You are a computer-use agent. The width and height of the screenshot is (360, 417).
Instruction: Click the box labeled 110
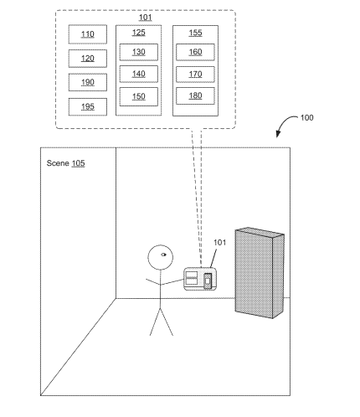coord(88,34)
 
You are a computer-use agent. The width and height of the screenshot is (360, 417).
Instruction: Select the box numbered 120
coord(88,59)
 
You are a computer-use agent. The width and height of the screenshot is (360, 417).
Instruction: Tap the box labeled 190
coord(88,82)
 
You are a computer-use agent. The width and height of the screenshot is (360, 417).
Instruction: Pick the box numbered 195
coord(88,106)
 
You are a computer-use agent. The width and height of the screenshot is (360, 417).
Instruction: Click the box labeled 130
coord(139,52)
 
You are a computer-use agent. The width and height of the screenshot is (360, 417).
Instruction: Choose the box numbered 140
coord(139,74)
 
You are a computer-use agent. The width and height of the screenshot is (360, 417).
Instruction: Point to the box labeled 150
coord(139,96)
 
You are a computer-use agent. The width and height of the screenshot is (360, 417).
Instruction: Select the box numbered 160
coord(195,52)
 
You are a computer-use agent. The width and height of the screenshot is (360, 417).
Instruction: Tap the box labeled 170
coord(195,75)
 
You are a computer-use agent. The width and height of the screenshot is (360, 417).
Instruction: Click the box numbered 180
coord(195,95)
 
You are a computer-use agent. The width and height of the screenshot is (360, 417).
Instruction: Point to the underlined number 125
coord(139,33)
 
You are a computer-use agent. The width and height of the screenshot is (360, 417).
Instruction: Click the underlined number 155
coord(195,33)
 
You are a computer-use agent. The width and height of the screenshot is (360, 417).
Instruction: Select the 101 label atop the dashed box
coord(146,18)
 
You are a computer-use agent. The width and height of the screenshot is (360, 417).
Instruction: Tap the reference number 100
coord(306,118)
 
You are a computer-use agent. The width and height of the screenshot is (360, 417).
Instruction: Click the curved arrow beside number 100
coord(282,123)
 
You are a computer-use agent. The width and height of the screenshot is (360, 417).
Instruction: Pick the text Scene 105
coord(65,163)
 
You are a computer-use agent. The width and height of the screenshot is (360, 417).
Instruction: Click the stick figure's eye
coord(163,255)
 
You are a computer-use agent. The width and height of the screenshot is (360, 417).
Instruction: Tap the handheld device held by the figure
coord(200,279)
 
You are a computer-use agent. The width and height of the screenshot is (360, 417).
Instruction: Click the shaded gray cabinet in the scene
coord(260,273)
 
